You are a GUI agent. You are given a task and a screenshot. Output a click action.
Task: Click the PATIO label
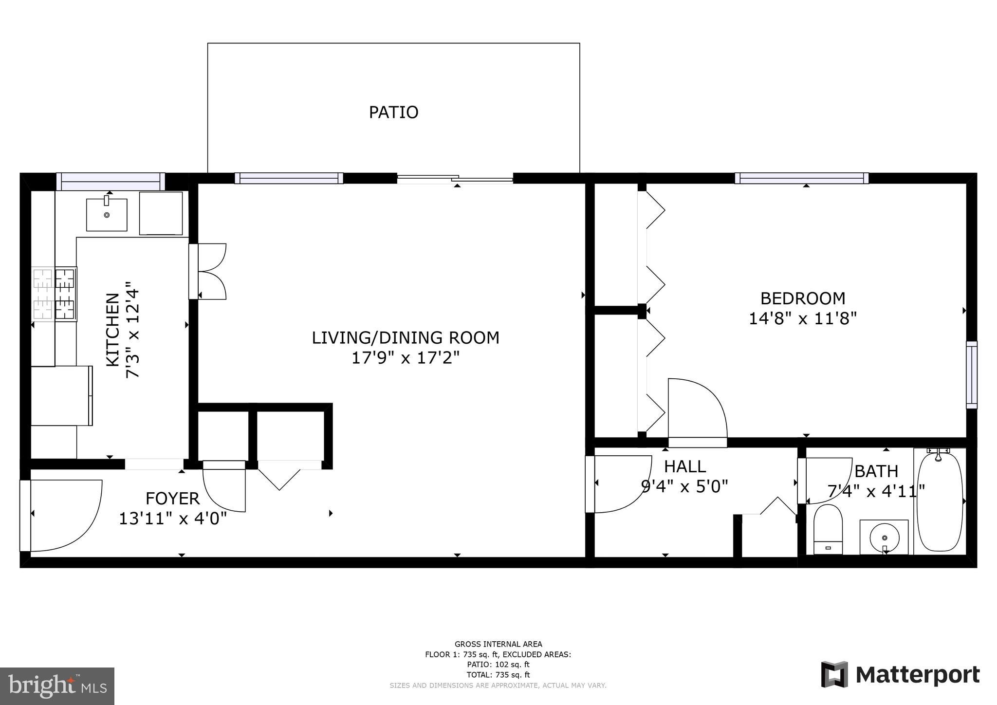point(393,112)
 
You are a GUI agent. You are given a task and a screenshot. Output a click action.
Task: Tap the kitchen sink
point(107,214)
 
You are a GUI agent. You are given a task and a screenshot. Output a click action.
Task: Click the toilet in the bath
point(828,530)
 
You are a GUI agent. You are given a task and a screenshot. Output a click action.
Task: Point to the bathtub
point(940,501)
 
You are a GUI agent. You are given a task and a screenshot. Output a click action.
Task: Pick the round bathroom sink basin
point(884,537)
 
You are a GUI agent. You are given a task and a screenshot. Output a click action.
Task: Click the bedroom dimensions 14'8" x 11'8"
point(802,318)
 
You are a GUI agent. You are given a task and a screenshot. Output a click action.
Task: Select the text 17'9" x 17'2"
point(406,358)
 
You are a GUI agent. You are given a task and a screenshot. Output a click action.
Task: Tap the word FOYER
point(172,499)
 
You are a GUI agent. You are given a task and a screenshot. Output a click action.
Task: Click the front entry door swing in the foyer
point(63,516)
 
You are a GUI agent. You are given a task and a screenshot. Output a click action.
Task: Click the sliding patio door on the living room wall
point(455,179)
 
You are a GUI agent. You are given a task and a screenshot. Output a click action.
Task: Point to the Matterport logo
point(900,675)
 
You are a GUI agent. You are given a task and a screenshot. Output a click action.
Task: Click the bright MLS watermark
point(57,686)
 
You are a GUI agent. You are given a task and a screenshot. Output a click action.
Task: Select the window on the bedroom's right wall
point(971,375)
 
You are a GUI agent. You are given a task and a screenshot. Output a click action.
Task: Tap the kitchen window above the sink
point(111,181)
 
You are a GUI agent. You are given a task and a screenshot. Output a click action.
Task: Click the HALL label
point(685,466)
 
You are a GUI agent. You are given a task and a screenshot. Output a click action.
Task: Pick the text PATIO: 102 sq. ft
point(498,665)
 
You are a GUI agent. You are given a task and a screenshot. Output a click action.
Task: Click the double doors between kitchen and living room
point(208,271)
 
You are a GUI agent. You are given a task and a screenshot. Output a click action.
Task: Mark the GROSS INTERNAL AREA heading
point(498,644)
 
